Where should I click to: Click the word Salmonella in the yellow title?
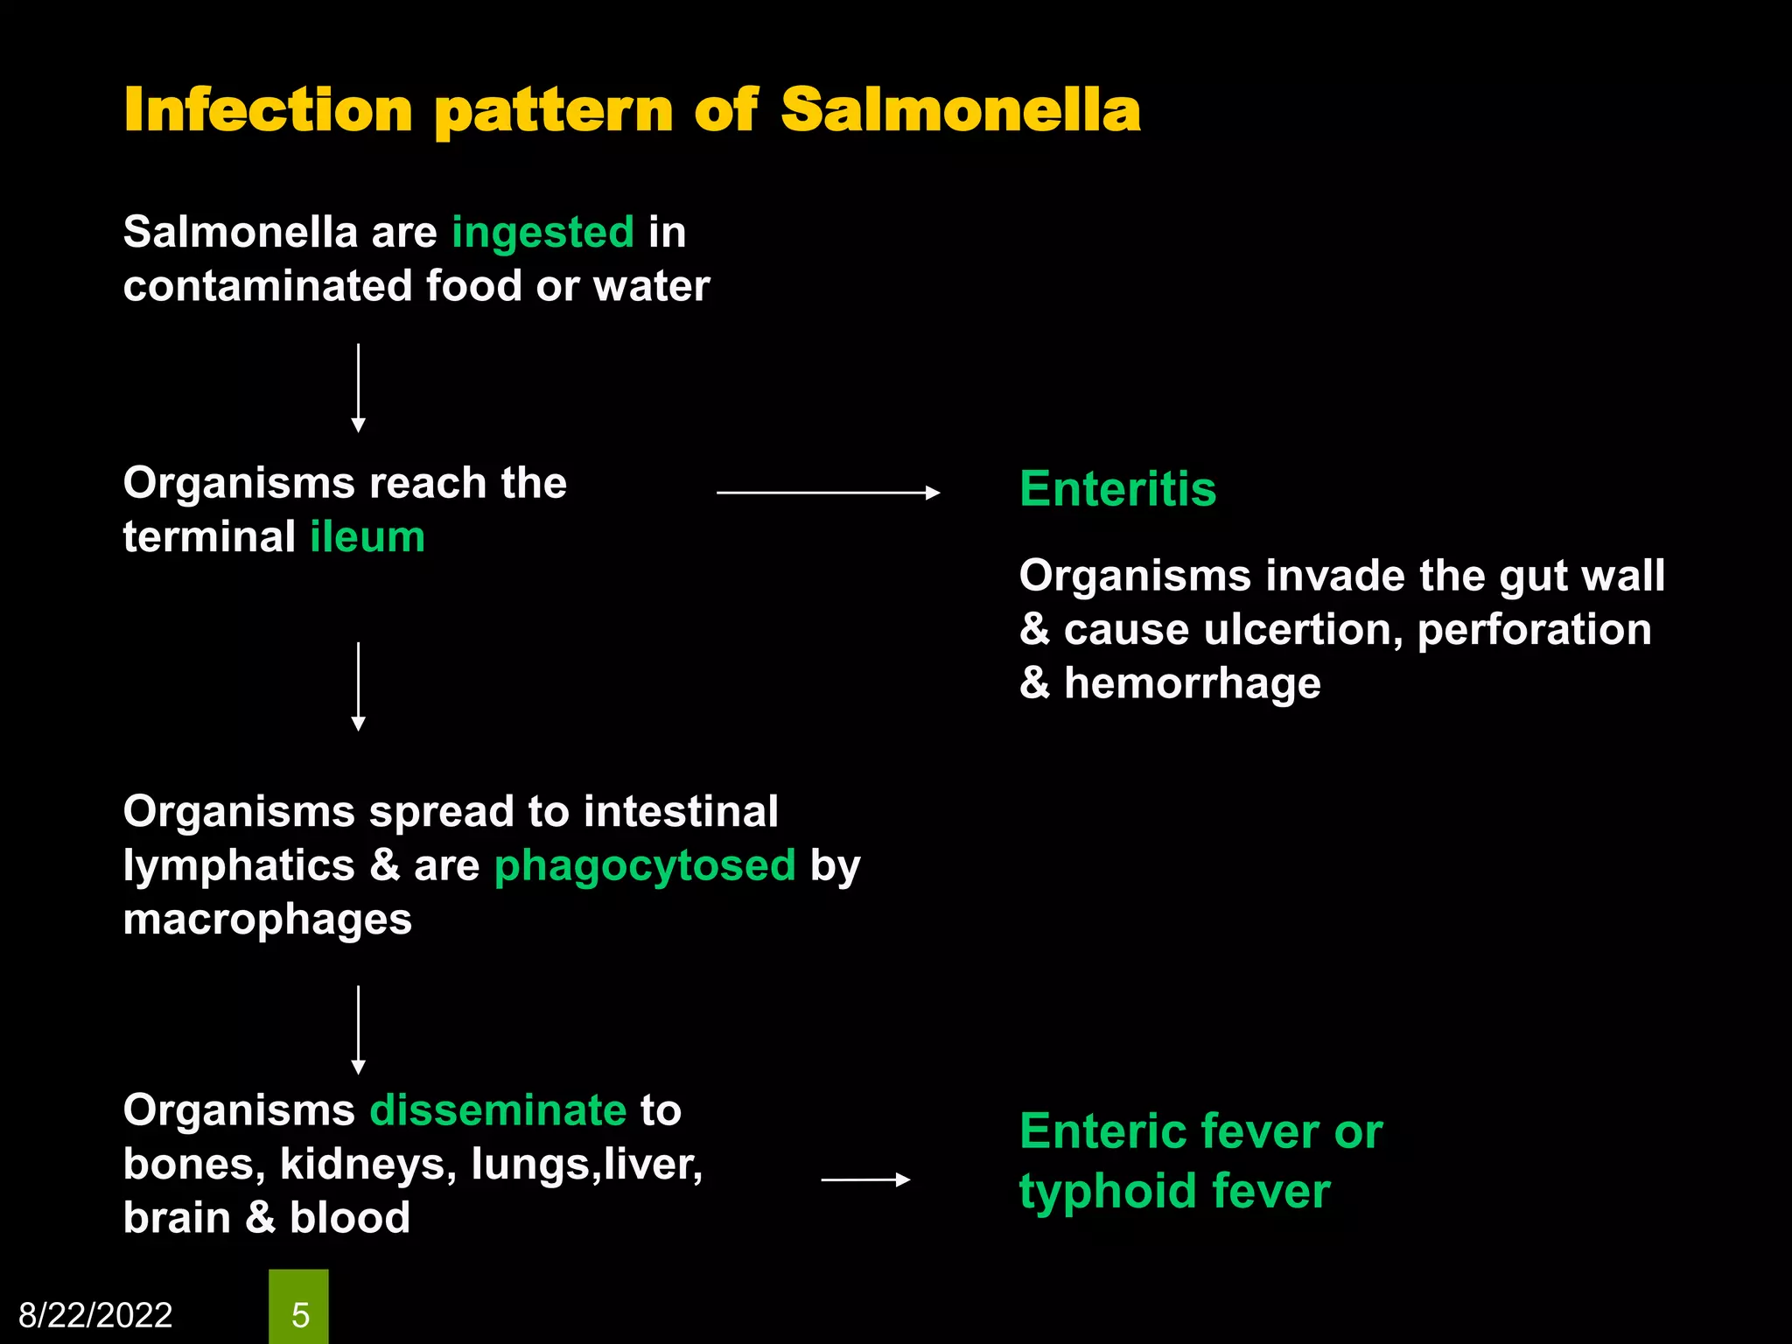[960, 111]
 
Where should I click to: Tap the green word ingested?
[542, 233]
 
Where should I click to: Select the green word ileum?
[367, 537]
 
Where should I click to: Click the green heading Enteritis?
[1117, 488]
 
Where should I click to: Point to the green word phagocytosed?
[645, 866]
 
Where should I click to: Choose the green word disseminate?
[498, 1110]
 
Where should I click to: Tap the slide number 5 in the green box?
[299, 1315]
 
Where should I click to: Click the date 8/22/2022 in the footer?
[95, 1315]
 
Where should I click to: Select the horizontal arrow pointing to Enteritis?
[828, 493]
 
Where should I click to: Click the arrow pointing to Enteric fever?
[865, 1180]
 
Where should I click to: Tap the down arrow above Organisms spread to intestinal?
[358, 686]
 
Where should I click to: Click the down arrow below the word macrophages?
[358, 1030]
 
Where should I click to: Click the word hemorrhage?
[1192, 683]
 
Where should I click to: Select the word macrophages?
[267, 920]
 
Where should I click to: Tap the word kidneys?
[367, 1165]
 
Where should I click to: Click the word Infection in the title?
[268, 111]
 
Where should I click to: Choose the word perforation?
[1534, 630]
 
